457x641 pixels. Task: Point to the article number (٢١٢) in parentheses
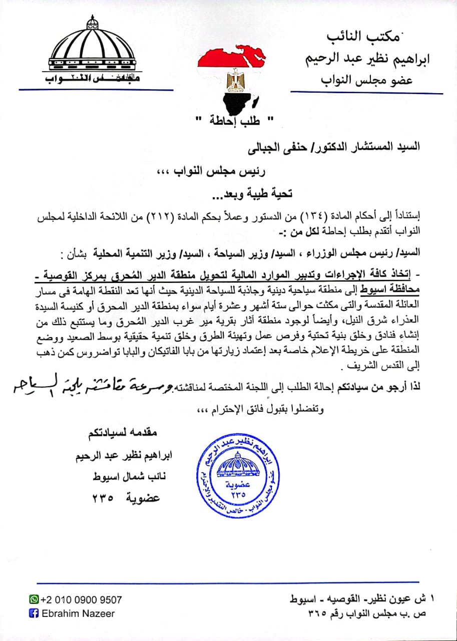(x=159, y=217)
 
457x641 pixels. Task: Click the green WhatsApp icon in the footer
(x=34, y=599)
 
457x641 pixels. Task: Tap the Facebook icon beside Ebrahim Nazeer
(x=34, y=613)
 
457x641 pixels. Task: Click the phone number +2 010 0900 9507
(x=81, y=599)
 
